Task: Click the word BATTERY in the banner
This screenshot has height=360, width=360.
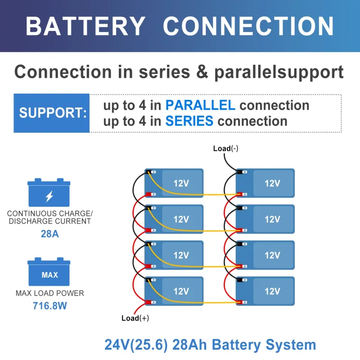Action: point(85,26)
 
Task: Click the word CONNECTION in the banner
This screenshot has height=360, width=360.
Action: point(248,26)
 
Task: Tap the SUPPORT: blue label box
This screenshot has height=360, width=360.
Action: point(52,113)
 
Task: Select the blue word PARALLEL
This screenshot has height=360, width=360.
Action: point(200,105)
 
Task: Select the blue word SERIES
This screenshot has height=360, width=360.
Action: point(189,121)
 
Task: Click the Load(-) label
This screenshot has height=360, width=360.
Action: point(225,149)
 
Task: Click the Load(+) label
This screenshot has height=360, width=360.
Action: point(135,318)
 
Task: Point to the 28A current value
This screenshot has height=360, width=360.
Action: point(49,234)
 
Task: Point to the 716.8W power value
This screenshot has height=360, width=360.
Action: point(49,306)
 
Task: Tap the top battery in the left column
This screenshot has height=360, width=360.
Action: point(174,183)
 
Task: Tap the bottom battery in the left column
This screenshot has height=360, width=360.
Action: point(174,291)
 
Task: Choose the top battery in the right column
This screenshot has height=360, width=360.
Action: point(265,183)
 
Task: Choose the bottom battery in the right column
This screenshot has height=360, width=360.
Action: point(265,291)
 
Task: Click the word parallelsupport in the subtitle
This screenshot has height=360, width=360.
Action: point(279,72)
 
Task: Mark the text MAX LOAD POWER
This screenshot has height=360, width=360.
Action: point(49,293)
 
